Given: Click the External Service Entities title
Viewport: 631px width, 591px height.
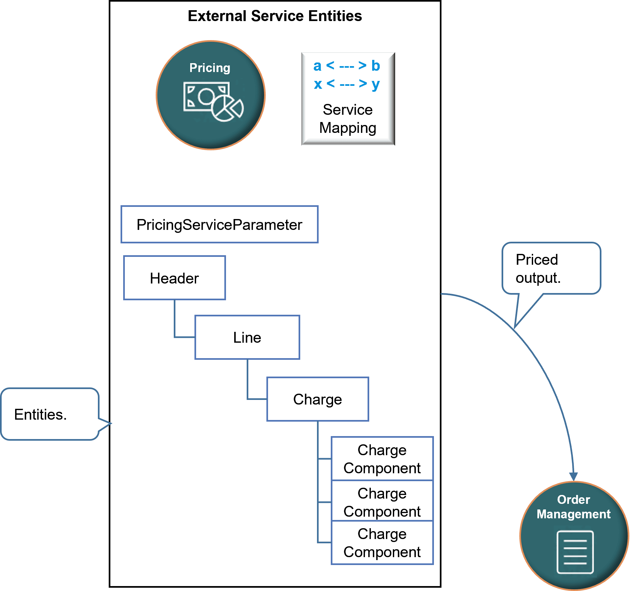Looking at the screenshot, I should [275, 16].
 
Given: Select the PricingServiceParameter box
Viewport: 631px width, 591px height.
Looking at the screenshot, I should [219, 225].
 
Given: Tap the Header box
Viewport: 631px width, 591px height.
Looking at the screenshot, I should [174, 278].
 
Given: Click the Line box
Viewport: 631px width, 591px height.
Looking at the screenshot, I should [247, 337].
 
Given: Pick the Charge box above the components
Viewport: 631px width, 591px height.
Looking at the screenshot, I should [317, 399].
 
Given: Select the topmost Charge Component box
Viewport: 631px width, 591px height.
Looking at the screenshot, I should [382, 459].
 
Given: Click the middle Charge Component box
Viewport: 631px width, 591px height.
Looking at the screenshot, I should [382, 502].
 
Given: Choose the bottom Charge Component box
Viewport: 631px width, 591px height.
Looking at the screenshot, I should [382, 543].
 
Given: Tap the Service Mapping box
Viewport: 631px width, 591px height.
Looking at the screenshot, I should [348, 99].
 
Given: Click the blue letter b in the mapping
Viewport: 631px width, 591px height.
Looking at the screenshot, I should [375, 66].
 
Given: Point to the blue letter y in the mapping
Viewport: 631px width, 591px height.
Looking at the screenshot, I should [375, 85].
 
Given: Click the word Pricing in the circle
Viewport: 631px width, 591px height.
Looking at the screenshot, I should [210, 68].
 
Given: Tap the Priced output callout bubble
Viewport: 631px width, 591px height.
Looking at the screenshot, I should [551, 268].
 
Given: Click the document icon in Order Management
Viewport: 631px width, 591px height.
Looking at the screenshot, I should [575, 552].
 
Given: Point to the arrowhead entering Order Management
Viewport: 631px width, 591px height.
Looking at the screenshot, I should [574, 477].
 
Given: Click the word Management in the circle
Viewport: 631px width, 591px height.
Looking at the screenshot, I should [574, 514].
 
